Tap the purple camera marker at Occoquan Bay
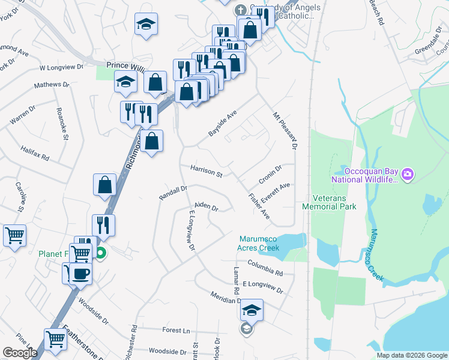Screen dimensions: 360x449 [408, 175]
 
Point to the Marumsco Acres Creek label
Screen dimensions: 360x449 [260, 243]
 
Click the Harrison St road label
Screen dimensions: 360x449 [206, 171]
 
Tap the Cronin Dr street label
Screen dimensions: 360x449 [270, 175]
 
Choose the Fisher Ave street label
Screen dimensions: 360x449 [259, 205]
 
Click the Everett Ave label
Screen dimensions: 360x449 [276, 190]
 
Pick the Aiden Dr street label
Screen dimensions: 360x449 [206, 206]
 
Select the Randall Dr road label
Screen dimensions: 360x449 [173, 193]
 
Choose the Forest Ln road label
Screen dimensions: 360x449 [176, 330]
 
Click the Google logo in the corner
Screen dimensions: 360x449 [20, 353]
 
